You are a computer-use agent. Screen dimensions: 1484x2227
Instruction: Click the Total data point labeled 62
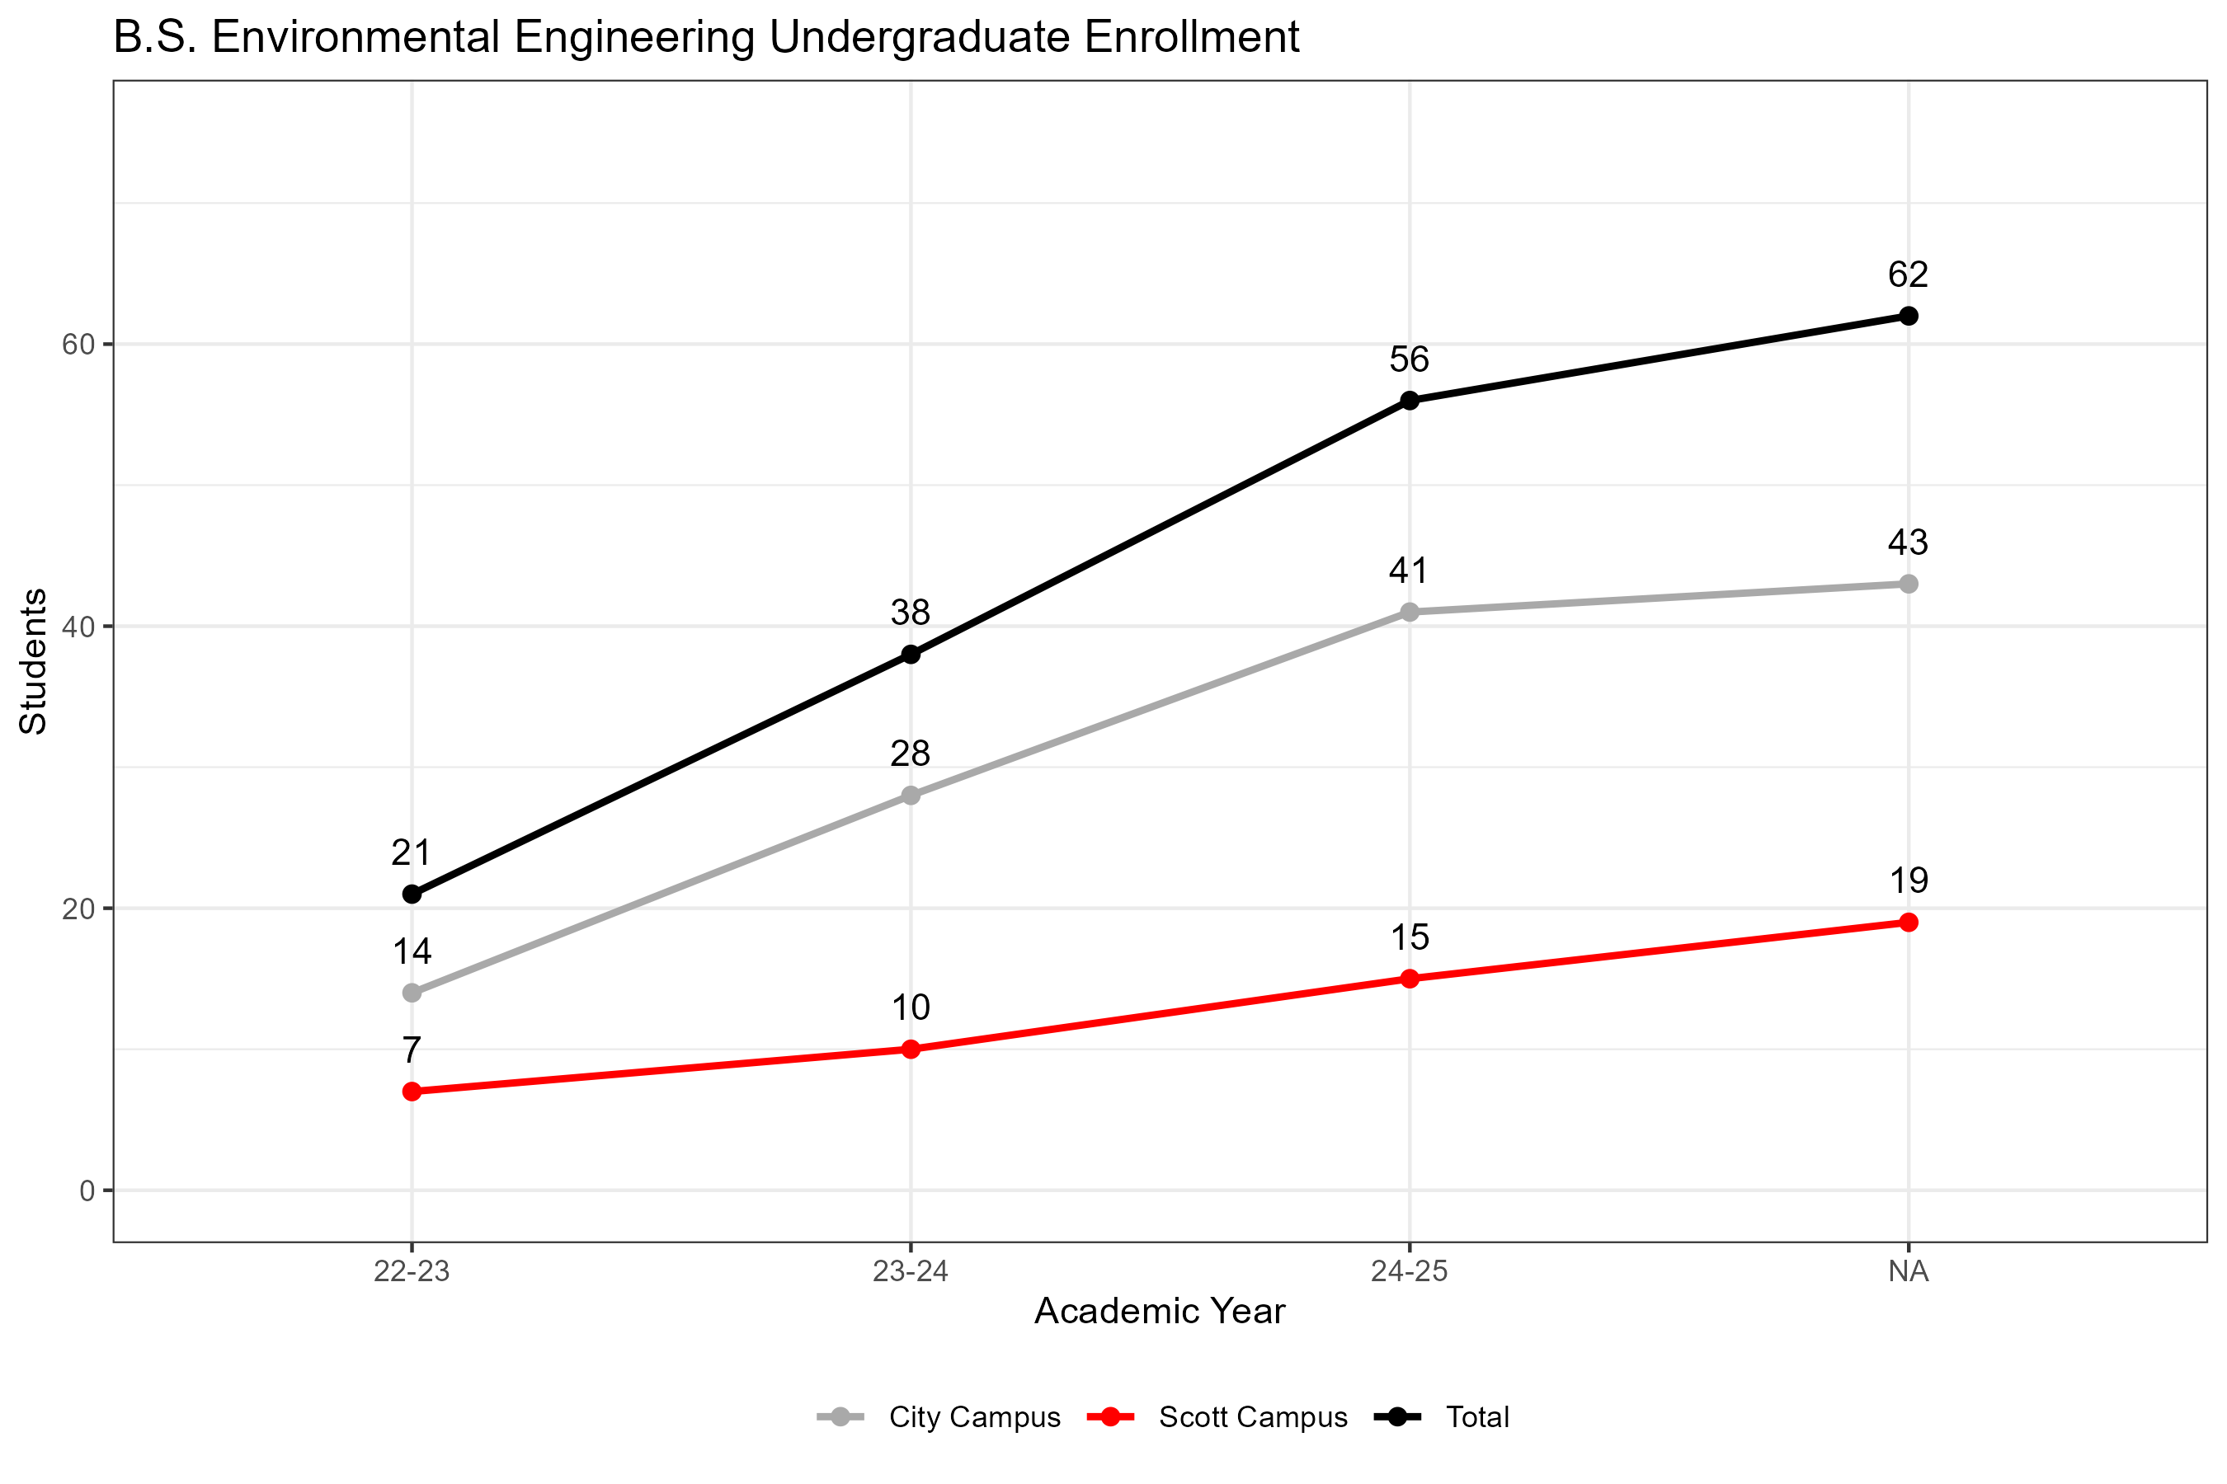point(1908,316)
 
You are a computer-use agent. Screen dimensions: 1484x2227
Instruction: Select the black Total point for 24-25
point(1409,401)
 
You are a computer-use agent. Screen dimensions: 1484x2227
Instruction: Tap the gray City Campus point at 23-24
point(911,795)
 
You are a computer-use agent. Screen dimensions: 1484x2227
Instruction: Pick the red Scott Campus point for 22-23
point(412,1092)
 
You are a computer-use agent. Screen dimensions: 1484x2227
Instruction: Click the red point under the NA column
point(1908,922)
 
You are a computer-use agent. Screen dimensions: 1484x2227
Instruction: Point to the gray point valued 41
point(1409,613)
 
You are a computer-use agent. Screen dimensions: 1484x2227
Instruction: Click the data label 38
point(911,613)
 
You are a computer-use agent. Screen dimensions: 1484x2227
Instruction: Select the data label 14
point(412,951)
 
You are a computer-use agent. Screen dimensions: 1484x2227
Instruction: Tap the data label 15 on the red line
point(1409,937)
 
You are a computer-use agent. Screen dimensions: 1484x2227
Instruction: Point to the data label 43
point(1908,542)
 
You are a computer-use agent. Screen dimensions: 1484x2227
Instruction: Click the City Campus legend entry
point(974,1416)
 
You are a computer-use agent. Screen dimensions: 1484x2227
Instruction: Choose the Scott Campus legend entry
point(1252,1416)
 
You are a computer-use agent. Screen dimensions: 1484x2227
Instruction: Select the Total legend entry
point(1477,1416)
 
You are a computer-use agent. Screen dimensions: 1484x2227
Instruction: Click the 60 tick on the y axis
point(79,345)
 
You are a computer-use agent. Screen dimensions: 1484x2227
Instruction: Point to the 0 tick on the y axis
point(87,1190)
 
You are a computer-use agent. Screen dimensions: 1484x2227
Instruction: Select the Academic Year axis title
point(1159,1312)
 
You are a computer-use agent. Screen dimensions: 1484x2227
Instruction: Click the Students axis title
point(33,660)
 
